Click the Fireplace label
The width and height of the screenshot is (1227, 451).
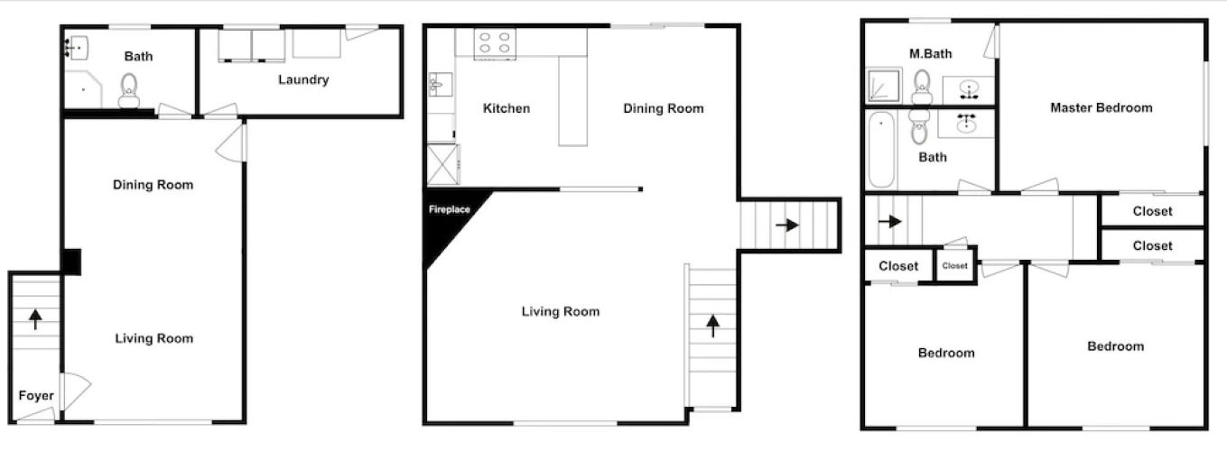(x=449, y=209)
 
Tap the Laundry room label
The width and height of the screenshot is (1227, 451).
(x=303, y=80)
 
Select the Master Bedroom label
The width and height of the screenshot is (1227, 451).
(x=1101, y=108)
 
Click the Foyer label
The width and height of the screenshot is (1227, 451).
(x=36, y=396)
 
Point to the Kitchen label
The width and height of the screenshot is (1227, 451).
(x=507, y=108)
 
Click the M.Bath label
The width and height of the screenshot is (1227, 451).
(x=931, y=53)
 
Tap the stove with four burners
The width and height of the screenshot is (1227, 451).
(x=495, y=42)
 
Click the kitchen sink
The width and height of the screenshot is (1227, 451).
(x=440, y=84)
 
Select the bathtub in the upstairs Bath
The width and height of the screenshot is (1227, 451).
(x=881, y=150)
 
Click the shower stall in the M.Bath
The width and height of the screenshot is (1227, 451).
(x=884, y=86)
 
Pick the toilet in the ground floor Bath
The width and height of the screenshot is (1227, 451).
(x=129, y=91)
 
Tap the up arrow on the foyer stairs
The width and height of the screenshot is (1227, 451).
(x=35, y=319)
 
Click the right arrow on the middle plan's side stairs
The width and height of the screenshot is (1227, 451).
(x=787, y=225)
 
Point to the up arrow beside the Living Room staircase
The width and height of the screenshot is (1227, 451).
(x=712, y=326)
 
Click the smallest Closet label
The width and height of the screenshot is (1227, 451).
(x=954, y=266)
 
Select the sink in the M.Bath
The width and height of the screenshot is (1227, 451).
(x=969, y=90)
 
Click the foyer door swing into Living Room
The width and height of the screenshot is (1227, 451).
(x=76, y=391)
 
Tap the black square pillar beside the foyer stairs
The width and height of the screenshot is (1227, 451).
(x=71, y=262)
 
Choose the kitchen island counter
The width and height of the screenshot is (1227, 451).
(x=572, y=101)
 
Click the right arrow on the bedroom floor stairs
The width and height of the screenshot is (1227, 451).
(x=890, y=221)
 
